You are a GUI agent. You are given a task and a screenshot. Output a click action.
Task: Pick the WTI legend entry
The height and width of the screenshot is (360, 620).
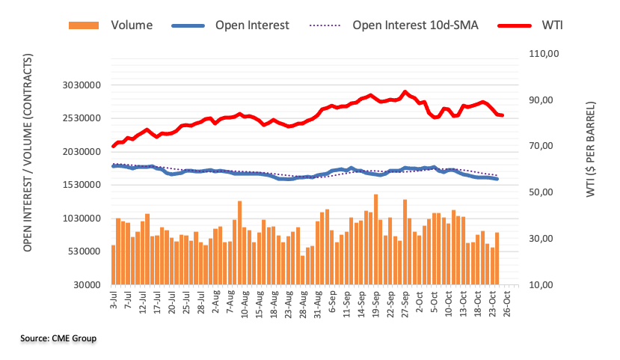(549, 25)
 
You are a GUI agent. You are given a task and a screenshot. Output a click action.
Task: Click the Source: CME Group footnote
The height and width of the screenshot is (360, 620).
(58, 339)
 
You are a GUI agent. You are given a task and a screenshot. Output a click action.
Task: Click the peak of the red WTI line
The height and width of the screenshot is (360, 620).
(405, 92)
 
